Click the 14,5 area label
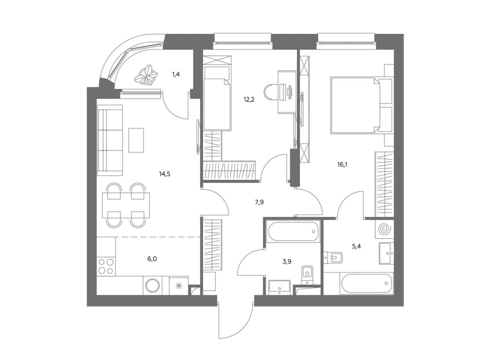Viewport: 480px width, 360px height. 164,174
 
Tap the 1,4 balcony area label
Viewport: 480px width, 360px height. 175,74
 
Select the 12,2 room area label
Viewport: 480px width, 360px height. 249,99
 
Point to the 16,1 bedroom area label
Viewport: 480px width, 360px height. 342,164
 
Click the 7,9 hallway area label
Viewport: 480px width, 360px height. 259,202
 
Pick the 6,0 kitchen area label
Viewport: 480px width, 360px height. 152,259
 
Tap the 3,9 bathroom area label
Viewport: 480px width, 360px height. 286,261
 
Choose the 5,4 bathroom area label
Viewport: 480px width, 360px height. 356,246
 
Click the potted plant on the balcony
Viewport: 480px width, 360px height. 146,74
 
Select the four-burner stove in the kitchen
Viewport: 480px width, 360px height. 106,265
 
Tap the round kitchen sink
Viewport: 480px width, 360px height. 152,286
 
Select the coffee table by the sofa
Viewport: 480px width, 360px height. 136,140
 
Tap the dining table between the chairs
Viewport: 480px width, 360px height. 126,205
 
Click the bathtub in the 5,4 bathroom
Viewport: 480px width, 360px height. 366,284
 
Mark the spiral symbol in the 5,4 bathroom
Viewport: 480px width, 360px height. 383,229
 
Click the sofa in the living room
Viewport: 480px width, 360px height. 110,140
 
